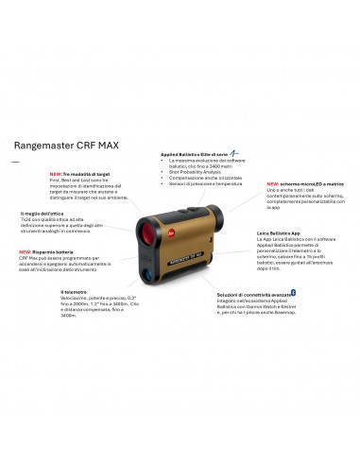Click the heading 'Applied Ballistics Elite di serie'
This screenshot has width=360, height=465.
[x=193, y=152]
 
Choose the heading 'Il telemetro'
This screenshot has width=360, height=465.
[x=74, y=291]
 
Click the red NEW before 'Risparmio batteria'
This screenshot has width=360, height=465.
[x=26, y=252]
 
